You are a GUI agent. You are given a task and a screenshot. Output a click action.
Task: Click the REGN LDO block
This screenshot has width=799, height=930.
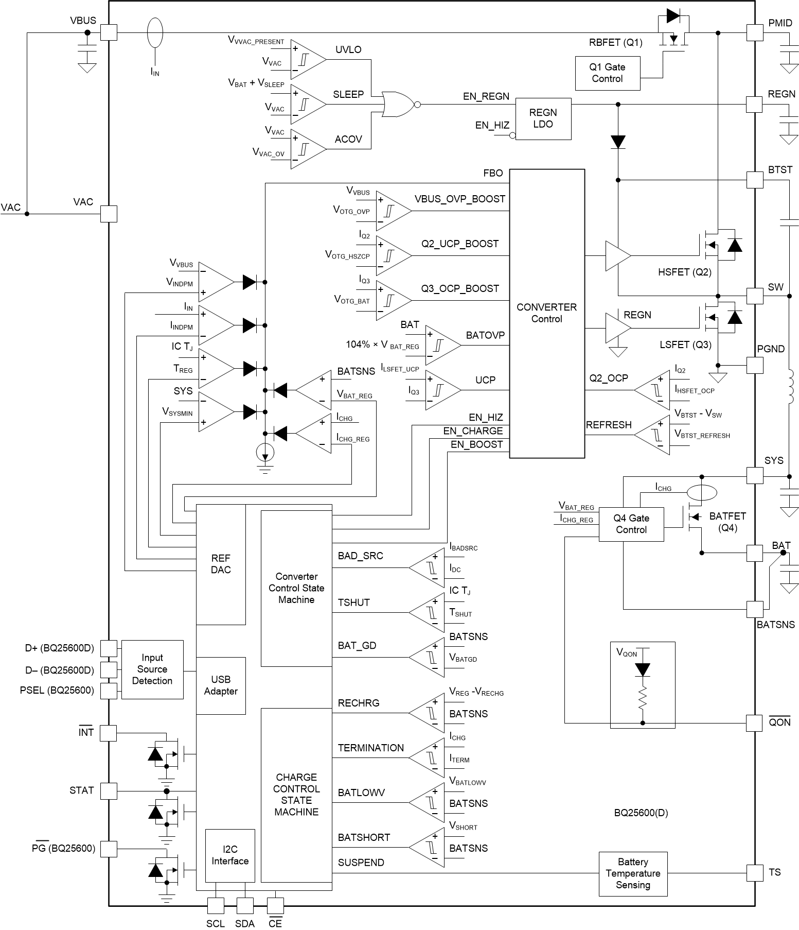[x=543, y=118]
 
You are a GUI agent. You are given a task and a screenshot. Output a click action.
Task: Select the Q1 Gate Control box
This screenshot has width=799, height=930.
[x=607, y=73]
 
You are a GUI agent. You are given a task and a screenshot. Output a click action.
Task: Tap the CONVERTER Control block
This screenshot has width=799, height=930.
[x=546, y=313]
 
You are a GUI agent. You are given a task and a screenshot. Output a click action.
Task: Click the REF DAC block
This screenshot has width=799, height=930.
[x=221, y=564]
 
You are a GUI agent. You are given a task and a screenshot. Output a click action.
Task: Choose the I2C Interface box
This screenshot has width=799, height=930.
[x=229, y=855]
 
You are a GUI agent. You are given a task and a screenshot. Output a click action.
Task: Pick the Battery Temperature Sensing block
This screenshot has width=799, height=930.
[x=633, y=873]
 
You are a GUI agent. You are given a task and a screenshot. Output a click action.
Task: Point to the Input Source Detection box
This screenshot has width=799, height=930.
[x=152, y=669]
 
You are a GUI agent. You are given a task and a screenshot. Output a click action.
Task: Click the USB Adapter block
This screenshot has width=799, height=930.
[x=221, y=685]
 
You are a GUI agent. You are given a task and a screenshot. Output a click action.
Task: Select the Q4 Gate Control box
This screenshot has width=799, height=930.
[x=631, y=524]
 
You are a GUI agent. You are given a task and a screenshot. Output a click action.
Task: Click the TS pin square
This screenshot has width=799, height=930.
[x=754, y=873]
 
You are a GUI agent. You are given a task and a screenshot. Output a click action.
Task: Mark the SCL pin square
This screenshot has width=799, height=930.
[x=216, y=906]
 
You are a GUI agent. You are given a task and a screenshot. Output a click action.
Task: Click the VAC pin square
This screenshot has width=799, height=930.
[x=109, y=214]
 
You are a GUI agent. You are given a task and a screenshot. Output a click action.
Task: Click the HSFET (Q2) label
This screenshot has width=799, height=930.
[x=684, y=272]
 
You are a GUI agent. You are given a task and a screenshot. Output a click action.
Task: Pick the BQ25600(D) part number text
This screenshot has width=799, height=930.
[x=641, y=813]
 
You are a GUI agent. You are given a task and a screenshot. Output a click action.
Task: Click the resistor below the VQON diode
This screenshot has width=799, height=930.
[x=642, y=700]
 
